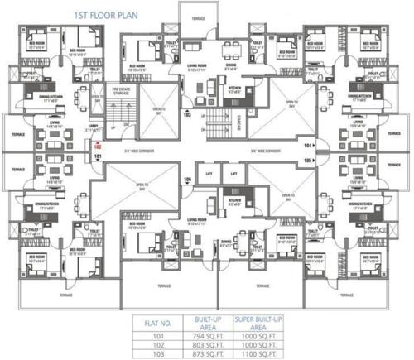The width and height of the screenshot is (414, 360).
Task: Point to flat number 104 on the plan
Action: point(309,144)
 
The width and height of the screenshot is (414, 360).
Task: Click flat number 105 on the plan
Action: point(309,159)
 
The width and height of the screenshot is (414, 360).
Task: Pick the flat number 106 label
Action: point(187,180)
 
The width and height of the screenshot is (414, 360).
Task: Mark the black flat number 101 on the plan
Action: point(98,156)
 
